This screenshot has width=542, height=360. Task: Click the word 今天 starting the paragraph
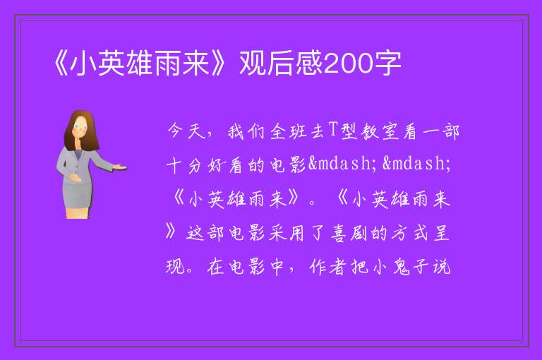point(186,131)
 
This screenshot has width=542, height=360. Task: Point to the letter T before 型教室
point(333,131)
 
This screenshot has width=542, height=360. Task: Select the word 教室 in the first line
point(380,131)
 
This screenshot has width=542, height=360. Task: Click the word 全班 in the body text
point(288,131)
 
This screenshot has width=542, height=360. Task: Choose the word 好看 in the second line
point(225,165)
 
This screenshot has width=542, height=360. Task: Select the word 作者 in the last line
point(327,267)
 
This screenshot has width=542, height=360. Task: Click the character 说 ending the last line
point(442,267)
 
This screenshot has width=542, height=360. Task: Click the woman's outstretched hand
point(120,167)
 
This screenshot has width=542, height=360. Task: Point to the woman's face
point(81,128)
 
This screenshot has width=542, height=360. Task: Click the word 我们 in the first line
point(246,131)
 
